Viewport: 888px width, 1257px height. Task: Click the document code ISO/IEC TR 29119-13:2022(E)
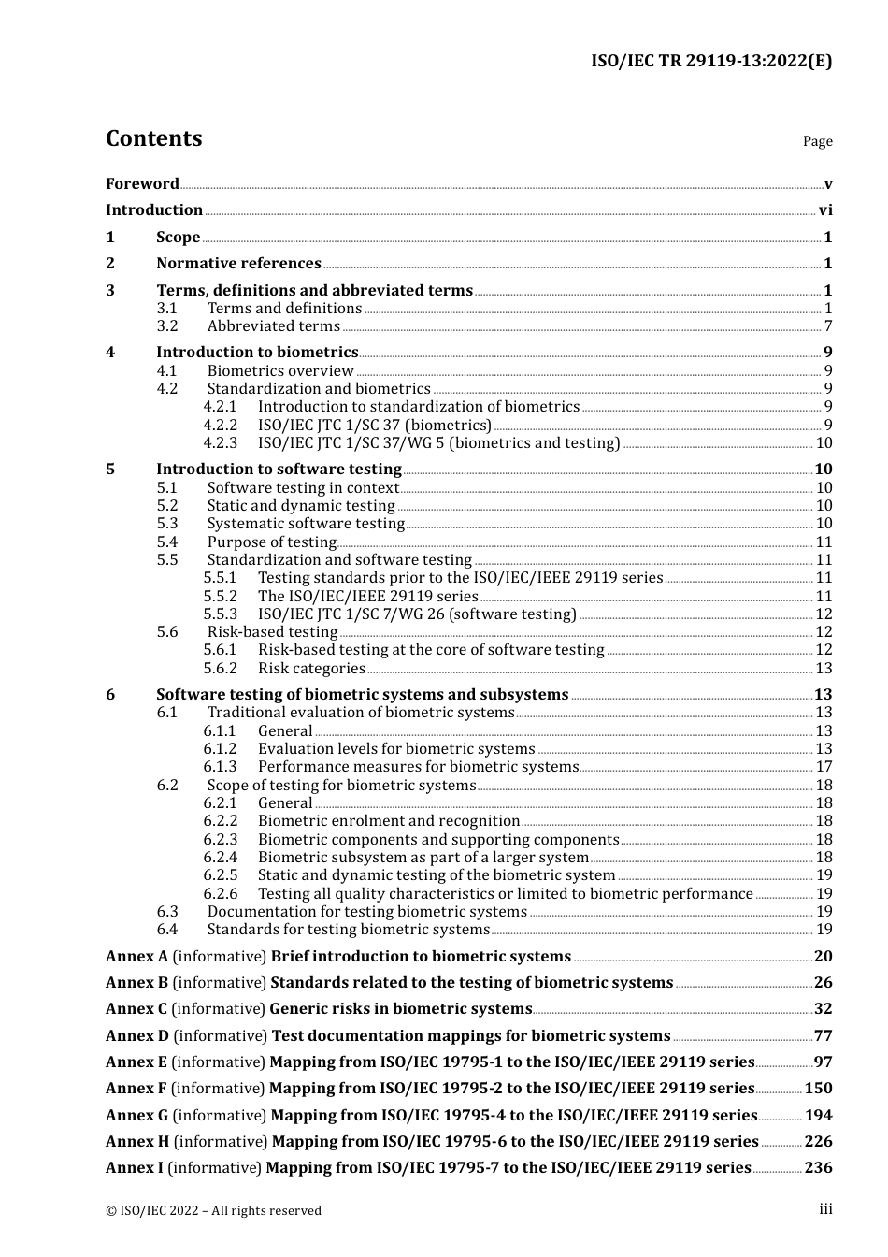[x=710, y=62]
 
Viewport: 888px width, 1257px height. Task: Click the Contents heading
[x=153, y=138]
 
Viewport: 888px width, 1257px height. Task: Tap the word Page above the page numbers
[x=817, y=141]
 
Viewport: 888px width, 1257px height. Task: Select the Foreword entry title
[x=142, y=184]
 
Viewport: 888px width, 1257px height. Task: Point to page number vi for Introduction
[x=825, y=210]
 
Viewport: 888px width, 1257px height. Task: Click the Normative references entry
[x=238, y=264]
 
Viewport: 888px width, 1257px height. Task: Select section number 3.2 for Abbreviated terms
[x=167, y=326]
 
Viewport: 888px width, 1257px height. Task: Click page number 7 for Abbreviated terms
[x=828, y=326]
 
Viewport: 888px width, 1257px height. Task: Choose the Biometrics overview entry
[x=280, y=371]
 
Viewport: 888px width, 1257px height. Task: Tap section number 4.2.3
[x=221, y=443]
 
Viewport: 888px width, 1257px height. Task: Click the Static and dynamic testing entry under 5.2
[x=301, y=506]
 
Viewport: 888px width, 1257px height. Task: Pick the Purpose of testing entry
[x=271, y=542]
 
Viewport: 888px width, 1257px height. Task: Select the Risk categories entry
[x=311, y=669]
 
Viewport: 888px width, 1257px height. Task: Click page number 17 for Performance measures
[x=824, y=767]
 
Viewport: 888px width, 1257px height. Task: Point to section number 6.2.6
[x=221, y=894]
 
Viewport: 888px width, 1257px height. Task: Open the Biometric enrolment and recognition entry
[x=388, y=821]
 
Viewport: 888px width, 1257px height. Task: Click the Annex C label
[x=136, y=1009]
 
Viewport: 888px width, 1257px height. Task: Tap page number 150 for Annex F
[x=818, y=1089]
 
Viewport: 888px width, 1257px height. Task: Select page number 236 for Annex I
[x=818, y=1168]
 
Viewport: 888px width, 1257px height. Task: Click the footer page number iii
[x=825, y=1209]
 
